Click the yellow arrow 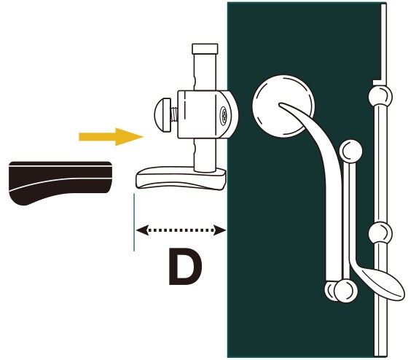pyautogui.click(x=111, y=136)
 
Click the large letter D pyautogui.click(x=185, y=267)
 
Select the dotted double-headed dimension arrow pyautogui.click(x=181, y=230)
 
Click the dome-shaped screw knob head pyautogui.click(x=162, y=114)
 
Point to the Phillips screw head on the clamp pyautogui.click(x=224, y=115)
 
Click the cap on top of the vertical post pyautogui.click(x=205, y=49)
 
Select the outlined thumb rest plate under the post pyautogui.click(x=181, y=179)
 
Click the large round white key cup pyautogui.click(x=283, y=106)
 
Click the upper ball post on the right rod pyautogui.click(x=380, y=95)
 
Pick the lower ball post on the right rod pyautogui.click(x=380, y=233)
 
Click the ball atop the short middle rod pyautogui.click(x=351, y=151)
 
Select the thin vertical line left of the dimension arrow pyautogui.click(x=134, y=222)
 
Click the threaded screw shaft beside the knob pyautogui.click(x=174, y=115)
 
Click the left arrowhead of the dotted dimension pyautogui.click(x=142, y=230)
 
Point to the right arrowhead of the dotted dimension pyautogui.click(x=220, y=230)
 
